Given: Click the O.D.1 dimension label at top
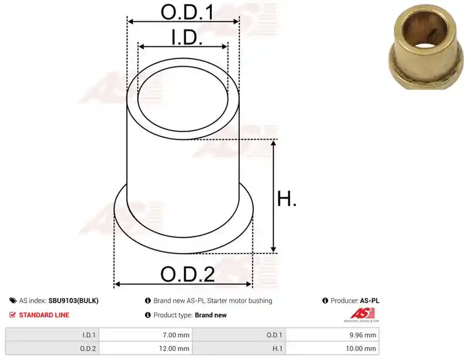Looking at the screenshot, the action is coord(187,12).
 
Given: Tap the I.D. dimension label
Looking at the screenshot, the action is coord(187,38).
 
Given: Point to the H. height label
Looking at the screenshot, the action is coord(287,199).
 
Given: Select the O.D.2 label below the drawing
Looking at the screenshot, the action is coord(187,275).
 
